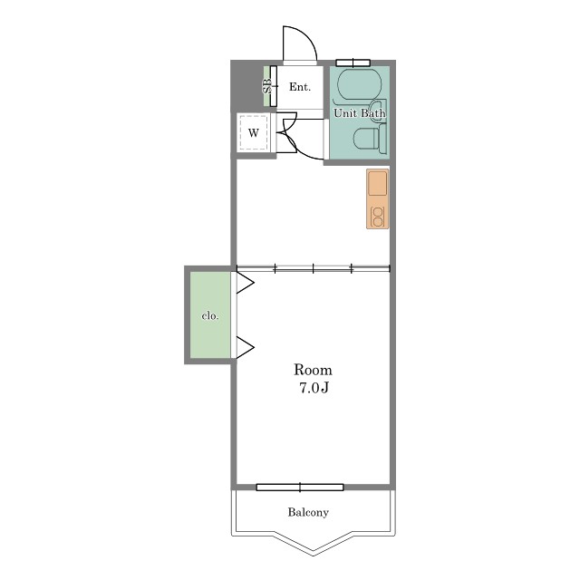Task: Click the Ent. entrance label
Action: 300,87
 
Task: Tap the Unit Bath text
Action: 360,112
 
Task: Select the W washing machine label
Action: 254,133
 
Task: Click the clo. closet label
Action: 210,316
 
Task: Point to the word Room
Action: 313,370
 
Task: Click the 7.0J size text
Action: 314,388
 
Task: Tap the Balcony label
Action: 308,512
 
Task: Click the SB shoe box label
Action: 267,87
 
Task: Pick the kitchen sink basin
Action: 378,183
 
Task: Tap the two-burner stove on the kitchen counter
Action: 378,217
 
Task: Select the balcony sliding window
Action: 300,488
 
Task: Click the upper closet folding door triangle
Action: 245,283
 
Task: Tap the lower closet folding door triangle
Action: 245,347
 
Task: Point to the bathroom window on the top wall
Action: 353,63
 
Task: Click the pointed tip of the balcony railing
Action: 314,556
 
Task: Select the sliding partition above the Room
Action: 313,268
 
